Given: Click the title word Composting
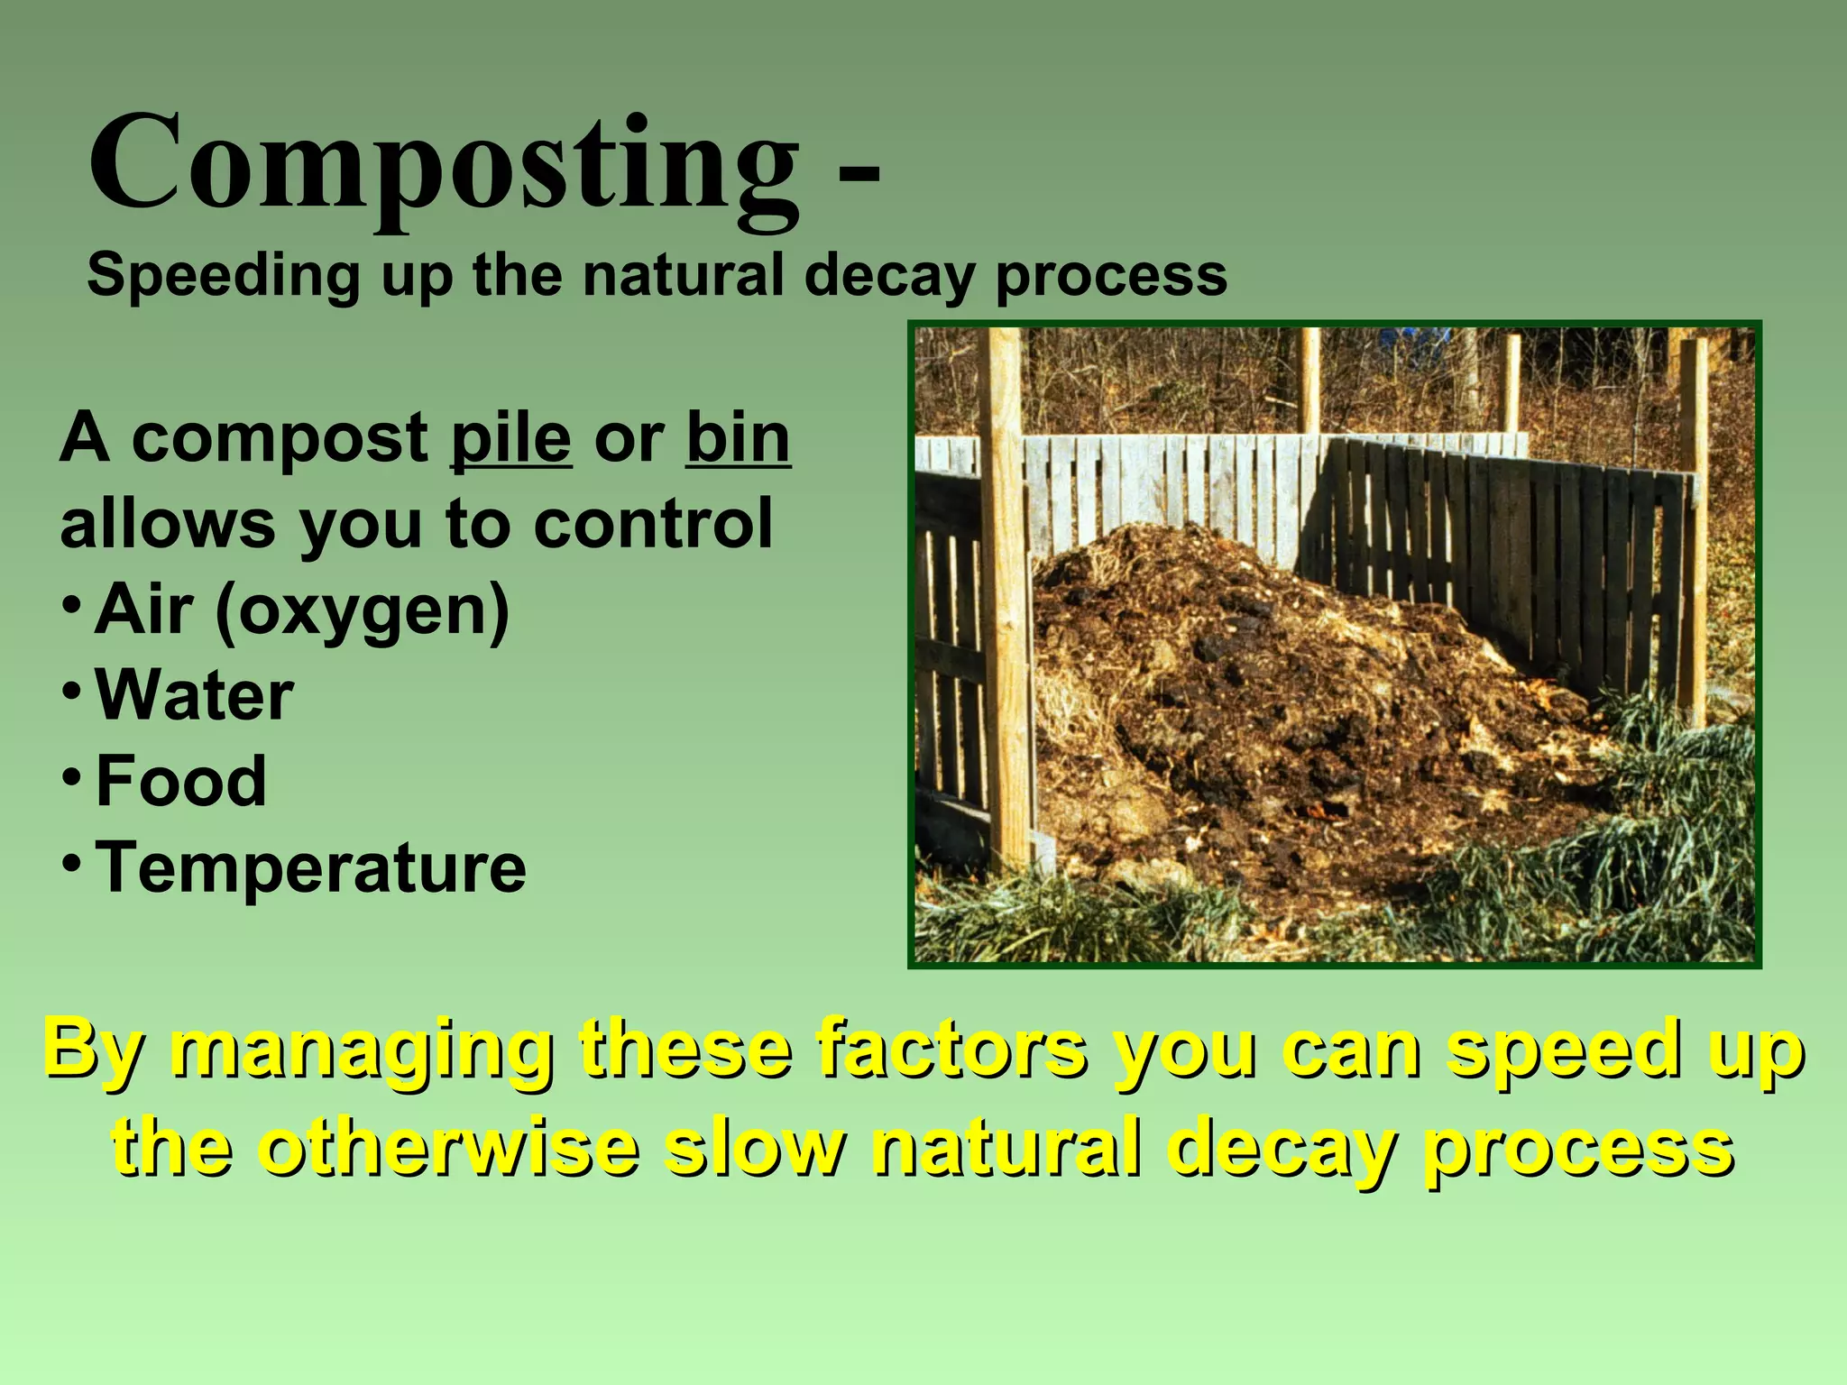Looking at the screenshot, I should click(442, 167).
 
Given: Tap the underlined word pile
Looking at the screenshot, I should click(510, 439).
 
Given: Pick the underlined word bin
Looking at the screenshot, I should click(738, 439).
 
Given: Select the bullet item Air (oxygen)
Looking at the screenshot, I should click(302, 611).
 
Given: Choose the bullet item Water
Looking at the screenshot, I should click(194, 696).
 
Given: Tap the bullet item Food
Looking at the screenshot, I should click(180, 781).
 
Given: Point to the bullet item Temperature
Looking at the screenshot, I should click(310, 867).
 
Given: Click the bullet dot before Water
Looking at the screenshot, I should click(69, 691).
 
